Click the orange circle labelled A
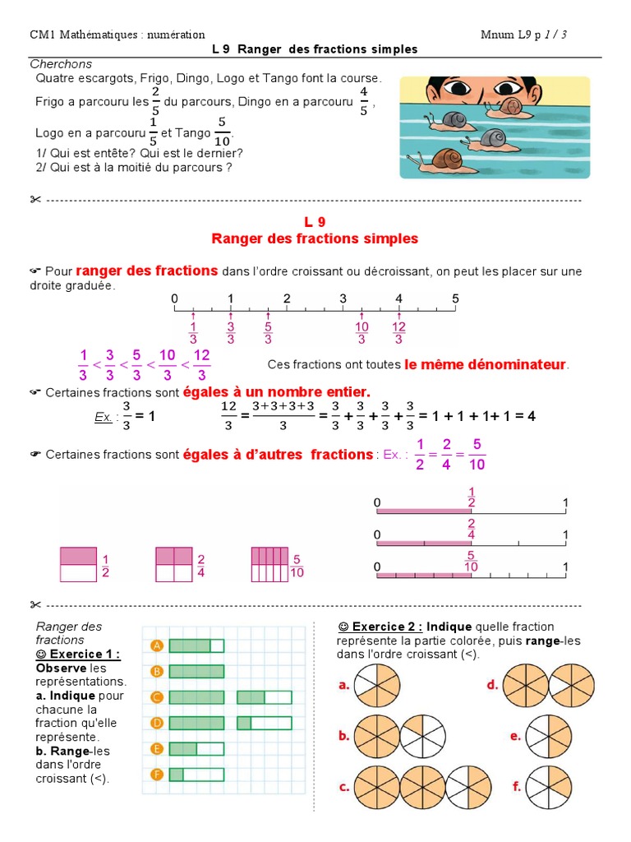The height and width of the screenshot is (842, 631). coord(155,646)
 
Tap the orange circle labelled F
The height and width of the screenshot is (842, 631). coord(155,775)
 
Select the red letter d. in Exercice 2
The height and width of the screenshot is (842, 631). coord(492,684)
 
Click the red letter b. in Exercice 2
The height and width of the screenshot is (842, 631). coord(343,736)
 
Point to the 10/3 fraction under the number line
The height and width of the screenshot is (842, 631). coord(362,332)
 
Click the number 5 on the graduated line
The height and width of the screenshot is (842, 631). coord(455,298)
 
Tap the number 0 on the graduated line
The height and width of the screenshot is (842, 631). coord(174,298)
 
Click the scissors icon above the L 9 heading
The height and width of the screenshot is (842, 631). coord(35,200)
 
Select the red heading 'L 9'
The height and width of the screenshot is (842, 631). coord(315,222)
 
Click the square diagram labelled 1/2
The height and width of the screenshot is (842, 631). coord(79,565)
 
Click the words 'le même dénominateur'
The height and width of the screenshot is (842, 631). coord(485,364)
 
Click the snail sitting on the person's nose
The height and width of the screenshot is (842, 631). coord(511,106)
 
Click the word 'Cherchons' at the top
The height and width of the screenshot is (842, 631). coord(61,64)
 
